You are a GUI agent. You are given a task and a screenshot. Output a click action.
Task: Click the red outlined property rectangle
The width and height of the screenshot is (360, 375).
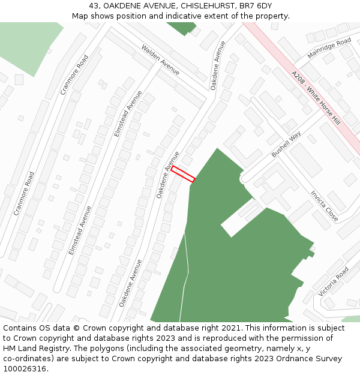point(183,174)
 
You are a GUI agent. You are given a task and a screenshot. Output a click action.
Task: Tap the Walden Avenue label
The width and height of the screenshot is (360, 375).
point(160,59)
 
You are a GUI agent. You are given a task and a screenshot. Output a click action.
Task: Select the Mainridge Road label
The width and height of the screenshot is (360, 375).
point(329,47)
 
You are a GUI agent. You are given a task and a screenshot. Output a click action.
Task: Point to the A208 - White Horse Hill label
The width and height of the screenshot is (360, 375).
point(316,97)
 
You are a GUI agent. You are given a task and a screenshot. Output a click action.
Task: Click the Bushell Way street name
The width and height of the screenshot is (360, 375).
point(286,145)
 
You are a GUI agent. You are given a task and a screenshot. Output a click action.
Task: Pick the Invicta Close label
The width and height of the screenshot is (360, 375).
point(324,206)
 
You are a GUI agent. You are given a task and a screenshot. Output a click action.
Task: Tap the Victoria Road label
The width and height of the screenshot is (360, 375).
point(334,281)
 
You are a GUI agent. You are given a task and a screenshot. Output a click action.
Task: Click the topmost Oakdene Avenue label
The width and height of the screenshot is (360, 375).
point(218,65)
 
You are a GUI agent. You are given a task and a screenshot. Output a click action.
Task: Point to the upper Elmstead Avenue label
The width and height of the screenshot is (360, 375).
point(128,113)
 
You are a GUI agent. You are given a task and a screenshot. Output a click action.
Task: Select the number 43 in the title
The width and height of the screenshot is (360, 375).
point(94,5)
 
